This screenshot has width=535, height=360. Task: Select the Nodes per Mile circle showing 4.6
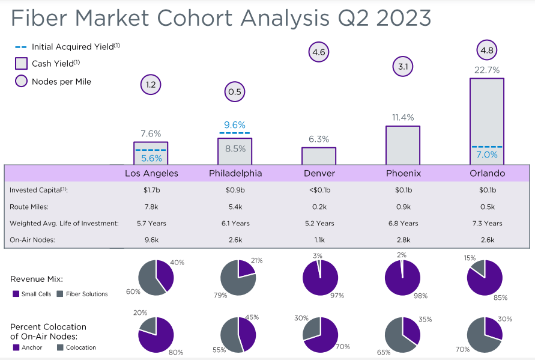pyautogui.click(x=319, y=52)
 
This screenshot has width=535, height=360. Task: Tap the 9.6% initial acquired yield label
pyautogui.click(x=235, y=125)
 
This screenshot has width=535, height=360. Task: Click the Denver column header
pyautogui.click(x=319, y=173)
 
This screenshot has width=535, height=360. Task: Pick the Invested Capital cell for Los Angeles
pyautogui.click(x=151, y=190)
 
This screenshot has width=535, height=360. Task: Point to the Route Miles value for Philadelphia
pyautogui.click(x=235, y=207)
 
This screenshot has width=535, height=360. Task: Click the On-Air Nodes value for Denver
pyautogui.click(x=319, y=239)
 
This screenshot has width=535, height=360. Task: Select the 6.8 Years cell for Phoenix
pyautogui.click(x=403, y=223)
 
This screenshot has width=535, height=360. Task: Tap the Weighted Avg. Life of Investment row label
pyautogui.click(x=64, y=223)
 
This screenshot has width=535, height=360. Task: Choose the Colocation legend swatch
pyautogui.click(x=60, y=347)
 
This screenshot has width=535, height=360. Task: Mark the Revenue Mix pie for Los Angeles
pyautogui.click(x=156, y=278)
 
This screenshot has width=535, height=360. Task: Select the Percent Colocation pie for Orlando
pyautogui.click(x=485, y=334)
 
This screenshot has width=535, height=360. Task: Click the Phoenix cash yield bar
pyautogui.click(x=403, y=144)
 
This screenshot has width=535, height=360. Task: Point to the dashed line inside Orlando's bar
pyautogui.click(x=486, y=146)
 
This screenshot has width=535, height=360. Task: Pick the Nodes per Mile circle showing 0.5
pyautogui.click(x=235, y=92)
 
